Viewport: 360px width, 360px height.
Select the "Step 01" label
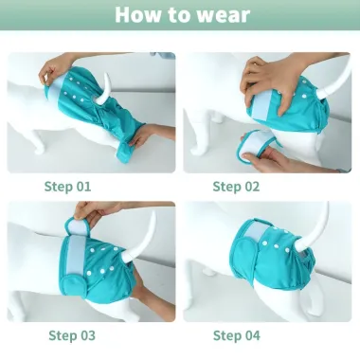coord(67,187)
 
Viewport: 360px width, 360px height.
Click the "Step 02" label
coord(236,187)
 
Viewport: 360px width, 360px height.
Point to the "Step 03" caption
coord(72,335)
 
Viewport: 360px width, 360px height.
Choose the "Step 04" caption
coord(237,335)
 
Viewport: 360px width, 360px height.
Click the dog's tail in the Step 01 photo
coord(104,90)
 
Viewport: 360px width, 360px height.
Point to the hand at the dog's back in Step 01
coord(55,69)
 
